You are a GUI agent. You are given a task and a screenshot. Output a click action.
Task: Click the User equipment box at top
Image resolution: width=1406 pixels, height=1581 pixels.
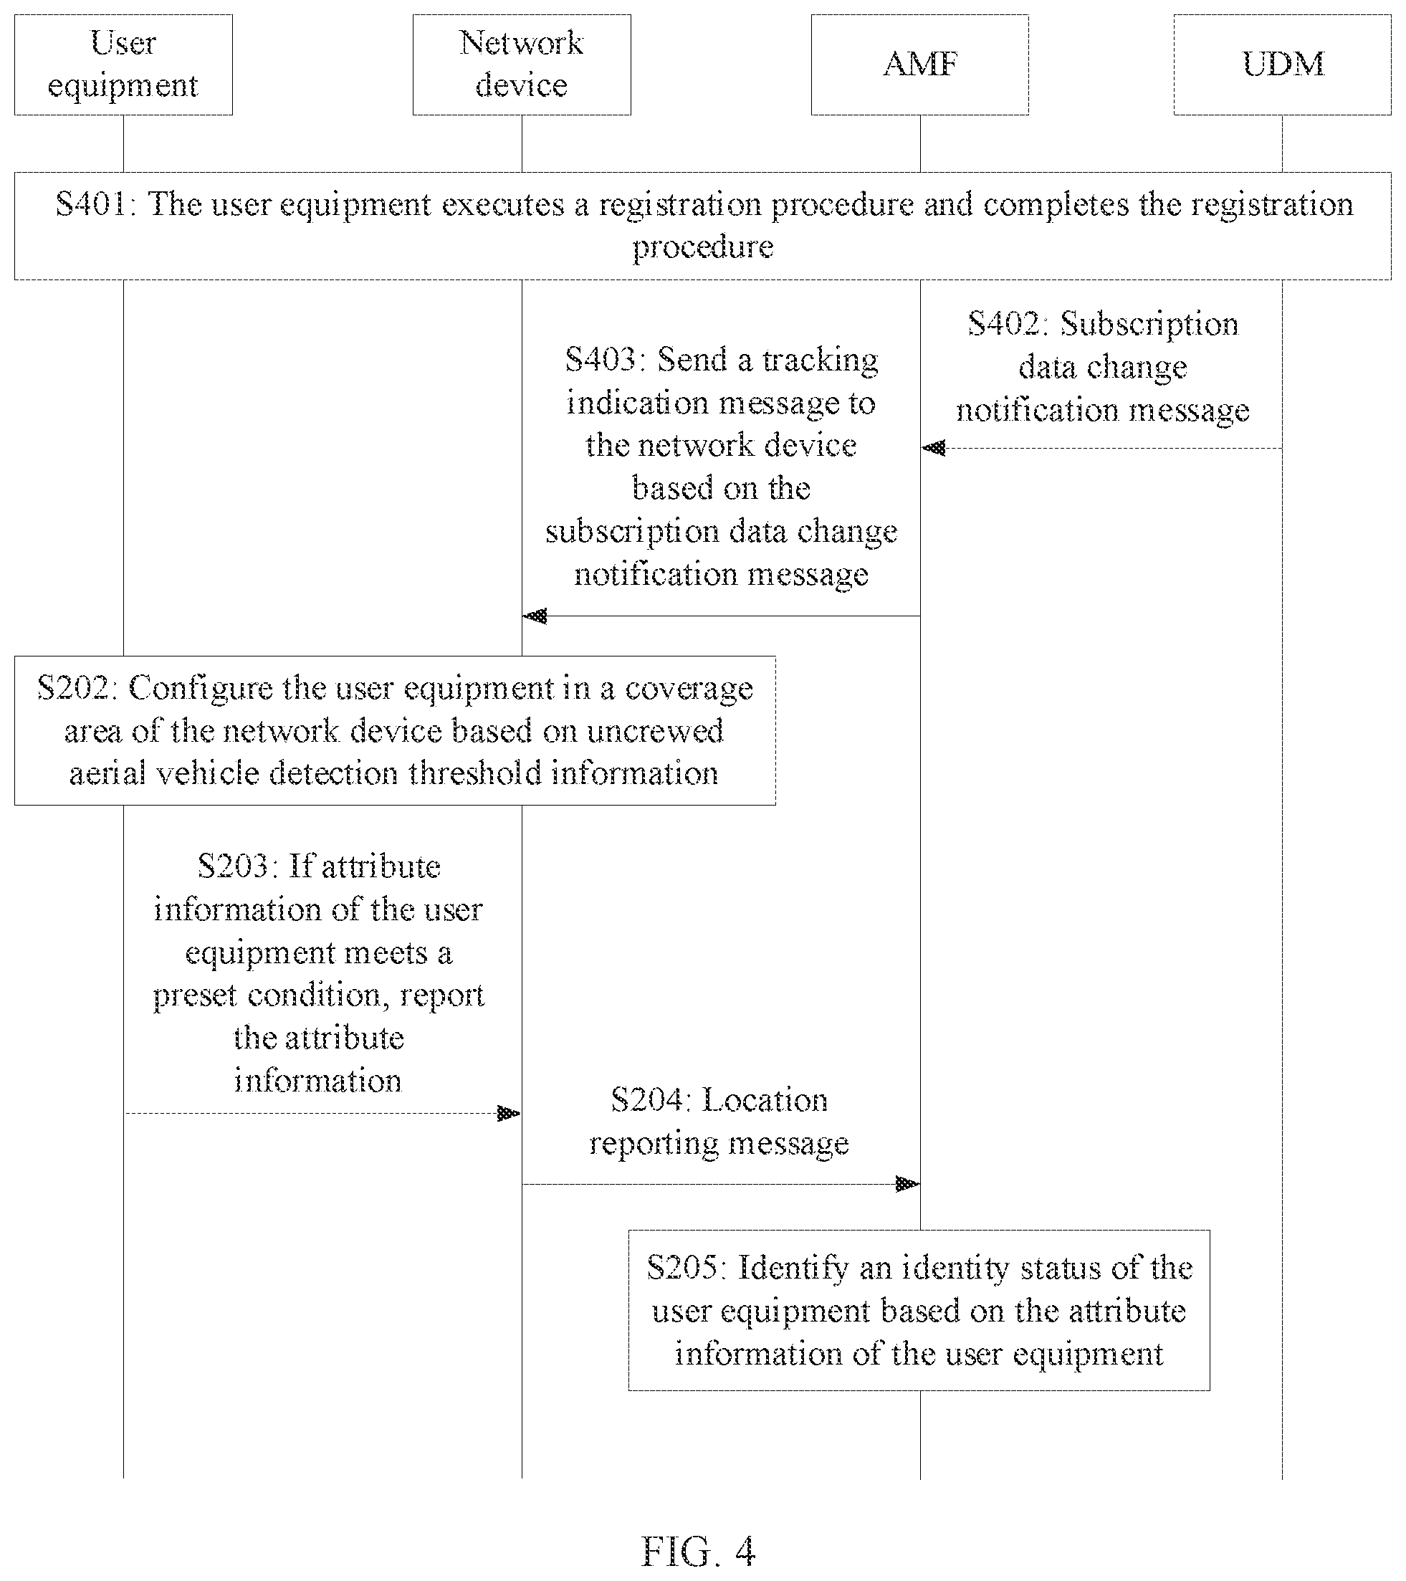[x=123, y=65]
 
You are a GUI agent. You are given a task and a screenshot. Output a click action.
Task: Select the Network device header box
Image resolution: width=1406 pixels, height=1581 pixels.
[x=521, y=65]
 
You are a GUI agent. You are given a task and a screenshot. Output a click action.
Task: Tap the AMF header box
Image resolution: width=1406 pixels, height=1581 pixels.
[x=919, y=65]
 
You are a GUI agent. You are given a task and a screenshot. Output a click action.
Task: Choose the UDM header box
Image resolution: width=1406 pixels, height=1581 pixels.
[x=1282, y=65]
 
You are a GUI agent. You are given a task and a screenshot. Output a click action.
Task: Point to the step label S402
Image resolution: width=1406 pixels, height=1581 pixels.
[x=1007, y=324]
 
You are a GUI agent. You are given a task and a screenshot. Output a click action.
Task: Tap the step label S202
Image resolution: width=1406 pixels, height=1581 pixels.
[x=77, y=687]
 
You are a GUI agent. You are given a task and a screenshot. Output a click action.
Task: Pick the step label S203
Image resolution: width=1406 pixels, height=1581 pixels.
[x=236, y=866]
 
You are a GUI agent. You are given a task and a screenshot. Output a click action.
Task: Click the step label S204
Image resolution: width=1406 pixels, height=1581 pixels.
[x=651, y=1100]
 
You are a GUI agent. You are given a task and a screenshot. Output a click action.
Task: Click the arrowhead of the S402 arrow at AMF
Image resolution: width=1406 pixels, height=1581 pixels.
[x=934, y=448]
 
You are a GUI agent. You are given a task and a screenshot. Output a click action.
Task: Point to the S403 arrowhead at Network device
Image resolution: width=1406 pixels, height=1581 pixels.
[x=535, y=616]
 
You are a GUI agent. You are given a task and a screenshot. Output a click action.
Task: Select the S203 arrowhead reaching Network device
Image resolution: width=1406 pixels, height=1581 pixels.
[x=508, y=1114]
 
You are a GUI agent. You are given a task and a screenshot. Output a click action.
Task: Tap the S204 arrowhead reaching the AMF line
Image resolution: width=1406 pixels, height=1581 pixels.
[x=907, y=1184]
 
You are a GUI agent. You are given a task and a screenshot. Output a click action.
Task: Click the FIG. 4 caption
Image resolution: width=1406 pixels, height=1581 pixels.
[x=699, y=1552]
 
